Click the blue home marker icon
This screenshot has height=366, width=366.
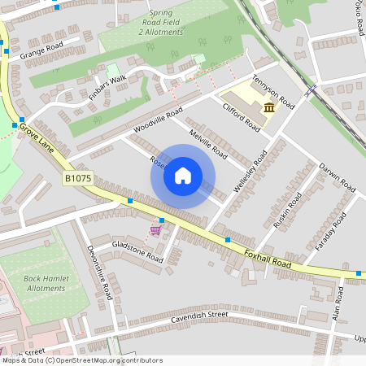coord(183,176)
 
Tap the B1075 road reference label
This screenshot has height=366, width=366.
coord(78,177)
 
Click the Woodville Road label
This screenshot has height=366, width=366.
coord(157,123)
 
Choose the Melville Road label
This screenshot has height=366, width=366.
coord(207,142)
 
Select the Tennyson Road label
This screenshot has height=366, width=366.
coord(273,92)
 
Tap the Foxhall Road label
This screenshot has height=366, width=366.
coord(268,259)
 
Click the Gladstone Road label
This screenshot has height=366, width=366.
coord(137,251)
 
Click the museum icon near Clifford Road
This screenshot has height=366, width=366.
coord(268,108)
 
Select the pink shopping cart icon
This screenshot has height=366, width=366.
coord(155,231)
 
